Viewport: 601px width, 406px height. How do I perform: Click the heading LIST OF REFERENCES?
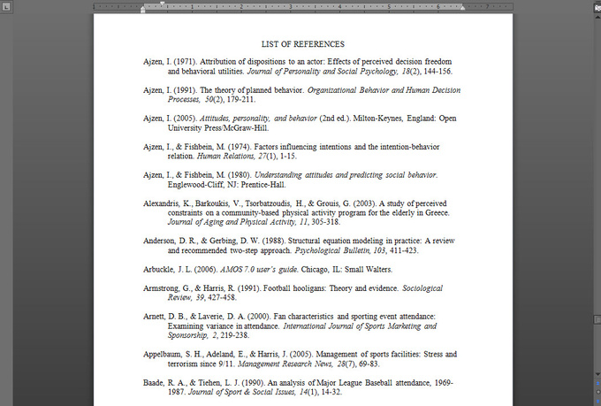coord(303,43)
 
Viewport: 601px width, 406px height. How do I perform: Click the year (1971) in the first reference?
coord(186,61)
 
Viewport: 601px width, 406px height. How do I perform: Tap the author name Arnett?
coord(156,316)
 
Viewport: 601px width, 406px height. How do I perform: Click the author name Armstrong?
coord(164,288)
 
